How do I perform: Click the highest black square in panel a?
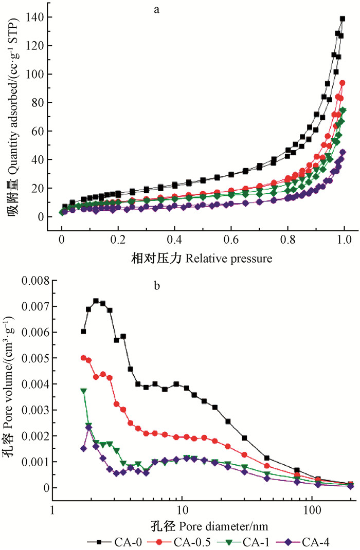[x=343, y=19]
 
